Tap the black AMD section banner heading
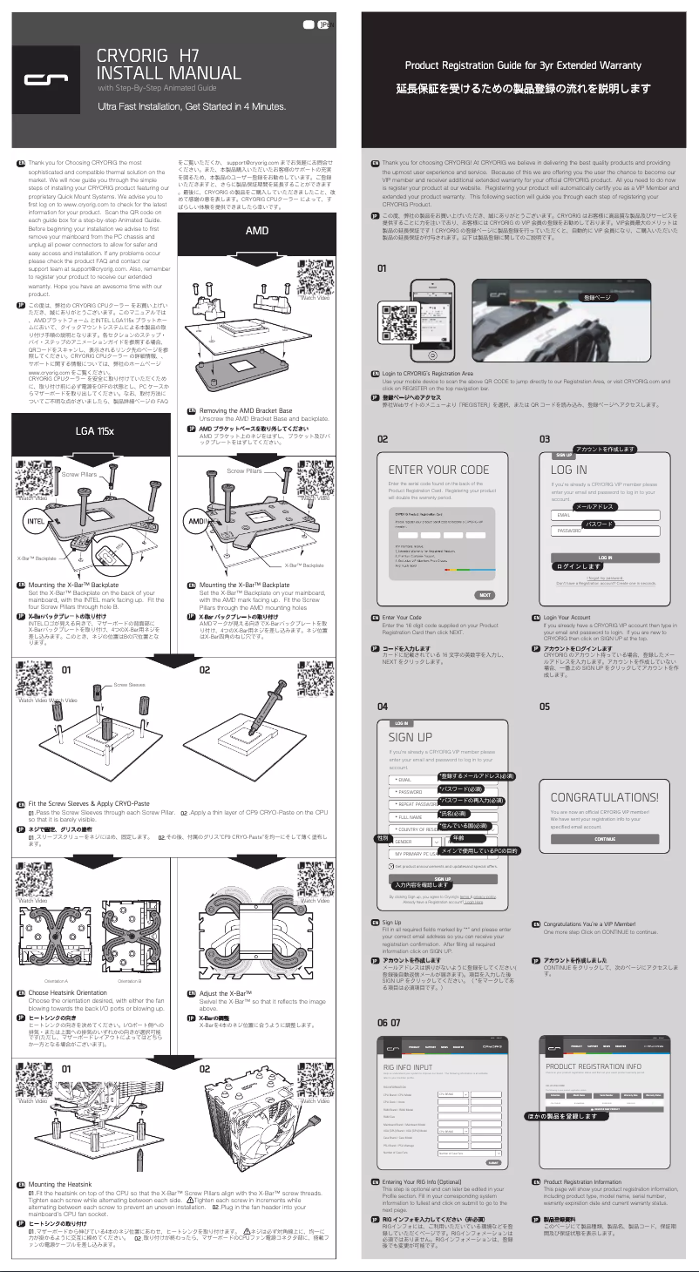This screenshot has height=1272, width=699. [x=256, y=231]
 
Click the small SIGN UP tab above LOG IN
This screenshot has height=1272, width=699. [x=565, y=455]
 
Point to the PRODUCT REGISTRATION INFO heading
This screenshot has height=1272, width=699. [x=593, y=1066]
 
